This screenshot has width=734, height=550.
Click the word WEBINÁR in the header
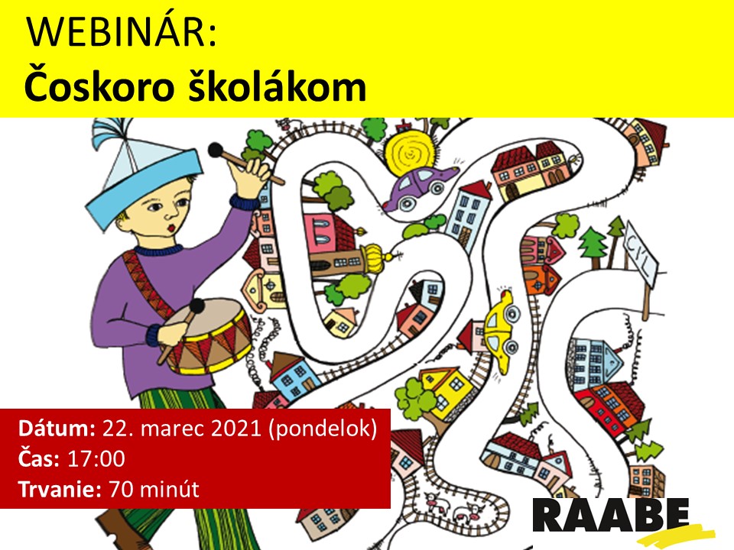(122, 32)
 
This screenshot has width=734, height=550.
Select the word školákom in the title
(277, 85)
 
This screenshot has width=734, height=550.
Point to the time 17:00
(96, 459)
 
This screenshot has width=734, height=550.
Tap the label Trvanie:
(60, 490)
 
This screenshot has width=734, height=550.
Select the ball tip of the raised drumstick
(216, 150)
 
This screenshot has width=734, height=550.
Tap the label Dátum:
(57, 429)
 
